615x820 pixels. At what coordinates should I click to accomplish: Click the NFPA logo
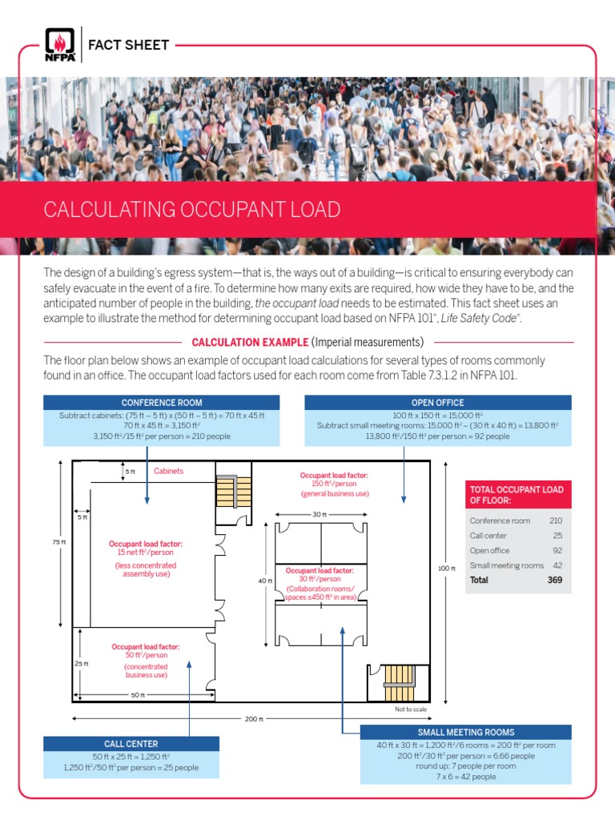click(60, 46)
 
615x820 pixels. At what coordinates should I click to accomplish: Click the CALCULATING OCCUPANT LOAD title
click(191, 210)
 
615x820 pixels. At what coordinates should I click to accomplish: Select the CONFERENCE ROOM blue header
click(161, 402)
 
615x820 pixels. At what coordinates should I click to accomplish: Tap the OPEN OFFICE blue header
click(437, 402)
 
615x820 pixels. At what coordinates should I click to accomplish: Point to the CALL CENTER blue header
click(131, 744)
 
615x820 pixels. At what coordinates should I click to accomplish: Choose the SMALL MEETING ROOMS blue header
click(465, 732)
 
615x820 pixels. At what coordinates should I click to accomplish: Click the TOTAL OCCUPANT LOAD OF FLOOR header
click(518, 495)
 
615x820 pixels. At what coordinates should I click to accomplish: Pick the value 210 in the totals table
click(556, 521)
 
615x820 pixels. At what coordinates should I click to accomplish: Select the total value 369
click(554, 580)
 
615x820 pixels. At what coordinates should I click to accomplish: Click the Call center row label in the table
click(488, 536)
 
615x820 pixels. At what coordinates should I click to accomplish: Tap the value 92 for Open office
click(557, 550)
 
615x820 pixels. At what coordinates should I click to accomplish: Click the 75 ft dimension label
click(58, 542)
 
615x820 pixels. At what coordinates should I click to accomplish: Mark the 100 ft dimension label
click(446, 569)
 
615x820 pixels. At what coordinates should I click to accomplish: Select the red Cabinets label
click(168, 471)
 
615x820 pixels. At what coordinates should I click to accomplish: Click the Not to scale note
click(411, 709)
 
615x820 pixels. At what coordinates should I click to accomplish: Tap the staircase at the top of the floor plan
click(227, 491)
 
